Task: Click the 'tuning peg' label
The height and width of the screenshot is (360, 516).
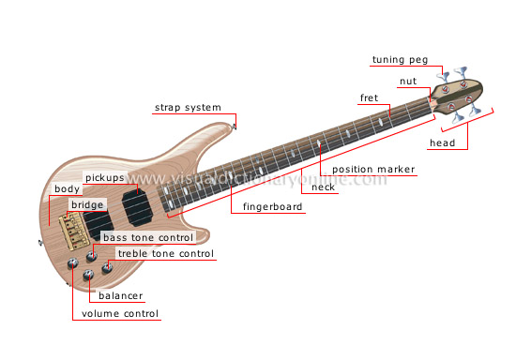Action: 400,60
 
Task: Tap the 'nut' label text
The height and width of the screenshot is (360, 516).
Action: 408,82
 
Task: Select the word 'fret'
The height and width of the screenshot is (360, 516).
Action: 369,97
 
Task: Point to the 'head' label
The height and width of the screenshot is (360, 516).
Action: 441,143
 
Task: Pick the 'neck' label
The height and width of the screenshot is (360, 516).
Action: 323,187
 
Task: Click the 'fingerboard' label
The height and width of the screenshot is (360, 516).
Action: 273,206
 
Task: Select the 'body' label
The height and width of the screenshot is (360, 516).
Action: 67,189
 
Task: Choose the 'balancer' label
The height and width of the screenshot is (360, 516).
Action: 120,296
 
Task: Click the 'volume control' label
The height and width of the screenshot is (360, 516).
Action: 120,314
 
